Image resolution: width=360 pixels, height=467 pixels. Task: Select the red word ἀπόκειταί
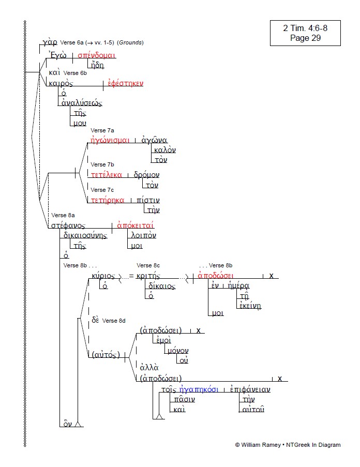[x=136, y=225]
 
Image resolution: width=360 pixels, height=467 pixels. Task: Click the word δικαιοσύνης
[x=85, y=235]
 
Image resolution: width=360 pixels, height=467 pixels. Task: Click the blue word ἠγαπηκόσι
[x=198, y=389]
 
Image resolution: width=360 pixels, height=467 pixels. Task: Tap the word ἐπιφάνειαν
[x=250, y=389]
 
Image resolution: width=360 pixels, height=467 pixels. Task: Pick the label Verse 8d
[x=114, y=321]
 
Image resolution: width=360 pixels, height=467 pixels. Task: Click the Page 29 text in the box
[x=305, y=38]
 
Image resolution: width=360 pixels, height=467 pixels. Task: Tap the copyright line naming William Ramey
[x=288, y=445]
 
